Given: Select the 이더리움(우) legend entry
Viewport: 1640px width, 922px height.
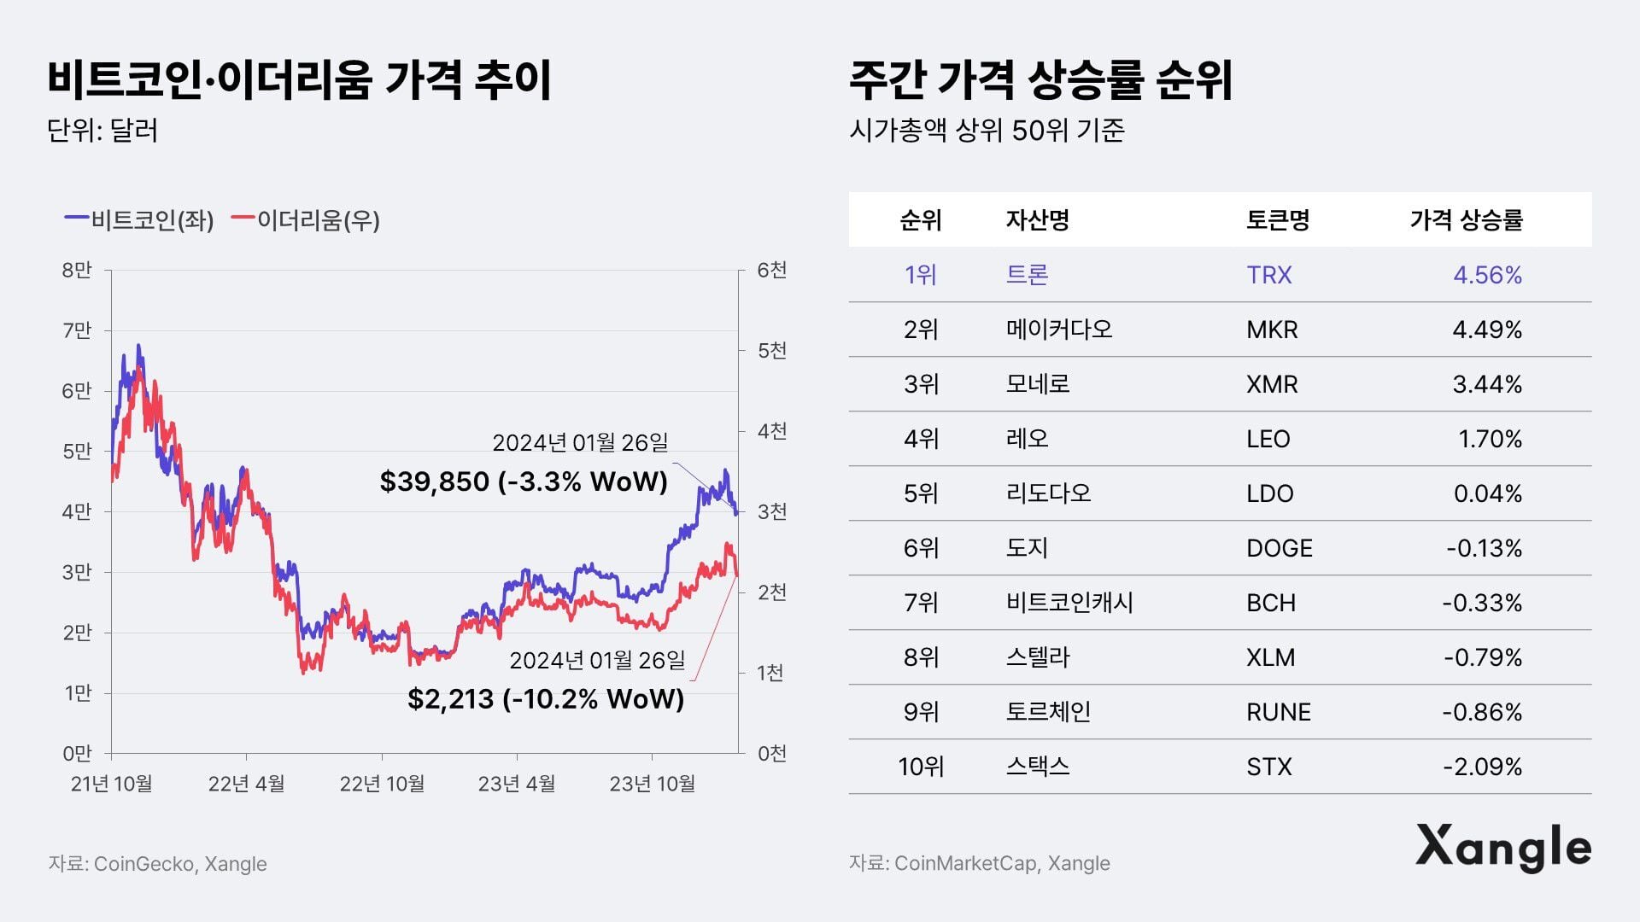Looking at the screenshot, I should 307,220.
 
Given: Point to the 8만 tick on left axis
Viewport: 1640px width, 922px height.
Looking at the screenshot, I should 77,271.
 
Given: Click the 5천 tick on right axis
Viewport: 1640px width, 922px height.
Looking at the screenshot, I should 771,351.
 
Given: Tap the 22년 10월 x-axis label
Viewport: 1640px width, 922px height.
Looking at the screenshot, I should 382,784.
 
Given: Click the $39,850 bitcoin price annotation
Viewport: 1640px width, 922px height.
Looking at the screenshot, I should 523,481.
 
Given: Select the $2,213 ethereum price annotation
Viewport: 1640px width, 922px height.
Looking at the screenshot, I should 546,699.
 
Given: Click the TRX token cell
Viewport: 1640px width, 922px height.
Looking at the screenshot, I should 1268,275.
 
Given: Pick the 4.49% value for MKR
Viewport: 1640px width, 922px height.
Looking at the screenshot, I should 1486,330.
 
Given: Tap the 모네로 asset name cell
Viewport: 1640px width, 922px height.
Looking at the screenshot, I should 1037,384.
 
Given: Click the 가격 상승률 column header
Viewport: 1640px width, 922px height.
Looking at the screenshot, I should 1466,220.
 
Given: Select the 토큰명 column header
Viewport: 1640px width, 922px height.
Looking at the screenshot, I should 1277,220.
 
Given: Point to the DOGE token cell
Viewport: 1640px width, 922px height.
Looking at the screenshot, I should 1279,548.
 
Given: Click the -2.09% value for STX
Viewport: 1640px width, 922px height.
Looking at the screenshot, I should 1482,767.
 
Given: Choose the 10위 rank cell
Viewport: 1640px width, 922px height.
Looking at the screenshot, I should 920,767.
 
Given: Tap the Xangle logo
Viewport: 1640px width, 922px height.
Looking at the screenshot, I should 1502,848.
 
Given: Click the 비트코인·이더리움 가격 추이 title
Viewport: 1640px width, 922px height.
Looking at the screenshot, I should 299,80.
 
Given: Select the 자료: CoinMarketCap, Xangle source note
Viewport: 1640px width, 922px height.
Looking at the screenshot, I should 979,863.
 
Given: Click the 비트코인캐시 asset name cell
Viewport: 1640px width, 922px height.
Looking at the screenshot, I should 1069,603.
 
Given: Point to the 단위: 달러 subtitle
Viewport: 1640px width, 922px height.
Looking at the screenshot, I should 102,131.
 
